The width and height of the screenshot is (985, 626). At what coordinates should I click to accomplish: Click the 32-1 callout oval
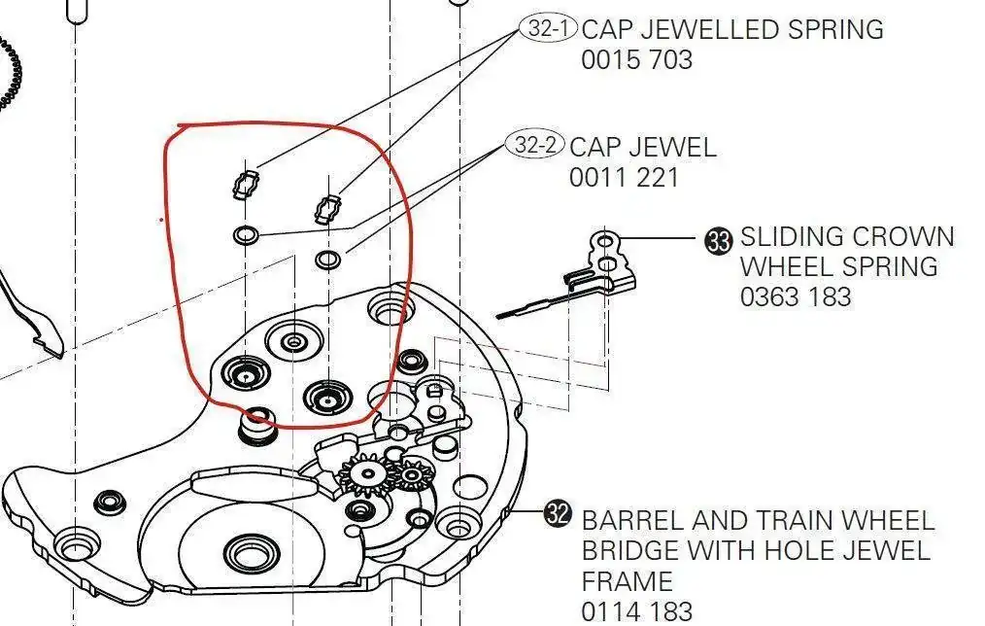click(x=548, y=28)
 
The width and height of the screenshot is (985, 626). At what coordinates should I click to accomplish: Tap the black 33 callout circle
click(x=718, y=241)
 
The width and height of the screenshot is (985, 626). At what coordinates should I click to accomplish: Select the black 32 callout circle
click(x=558, y=513)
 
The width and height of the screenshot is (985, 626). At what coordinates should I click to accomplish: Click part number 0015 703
click(x=636, y=60)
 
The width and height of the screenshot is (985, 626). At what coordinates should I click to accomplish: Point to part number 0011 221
click(x=625, y=178)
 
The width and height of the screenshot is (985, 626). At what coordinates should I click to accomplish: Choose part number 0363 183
click(x=796, y=296)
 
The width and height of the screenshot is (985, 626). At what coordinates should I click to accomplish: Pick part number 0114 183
click(x=636, y=611)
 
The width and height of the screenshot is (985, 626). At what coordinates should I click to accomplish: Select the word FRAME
click(x=627, y=581)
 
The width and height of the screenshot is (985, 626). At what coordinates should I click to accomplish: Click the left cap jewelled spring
click(x=246, y=184)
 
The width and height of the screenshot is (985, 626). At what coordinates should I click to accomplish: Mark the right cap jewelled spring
click(x=328, y=209)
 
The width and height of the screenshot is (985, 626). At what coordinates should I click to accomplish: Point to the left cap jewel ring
click(x=245, y=235)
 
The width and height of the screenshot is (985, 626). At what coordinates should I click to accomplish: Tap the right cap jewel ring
click(x=328, y=259)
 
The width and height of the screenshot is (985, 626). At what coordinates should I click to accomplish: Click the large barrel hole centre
click(x=252, y=554)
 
